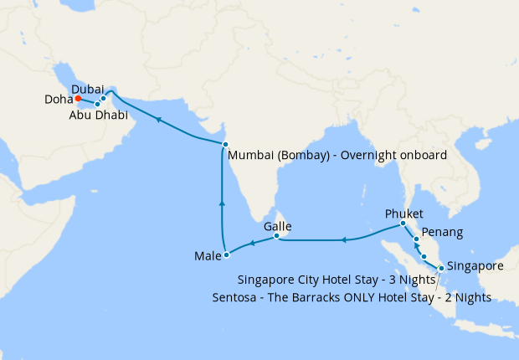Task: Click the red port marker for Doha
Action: pyautogui.click(x=78, y=99)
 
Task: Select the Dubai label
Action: pyautogui.click(x=88, y=89)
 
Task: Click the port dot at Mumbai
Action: pyautogui.click(x=225, y=145)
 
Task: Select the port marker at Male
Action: pyautogui.click(x=226, y=255)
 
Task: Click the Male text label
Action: pyautogui.click(x=206, y=255)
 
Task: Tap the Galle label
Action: pyautogui.click(x=277, y=226)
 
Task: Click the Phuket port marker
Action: pyautogui.click(x=403, y=224)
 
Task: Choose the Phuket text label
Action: pyautogui.click(x=404, y=213)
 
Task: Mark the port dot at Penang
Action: pyautogui.click(x=416, y=240)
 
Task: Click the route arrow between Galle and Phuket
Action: pyautogui.click(x=342, y=241)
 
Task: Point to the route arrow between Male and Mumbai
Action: pyautogui.click(x=222, y=202)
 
